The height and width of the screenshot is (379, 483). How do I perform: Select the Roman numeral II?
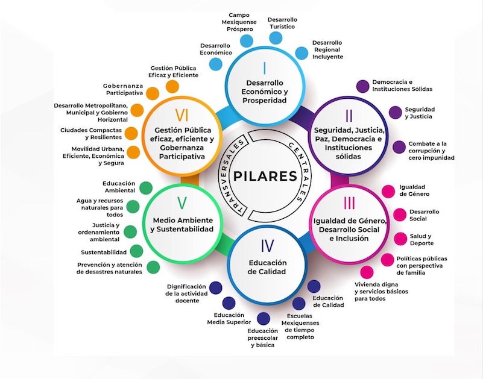(x=349, y=115)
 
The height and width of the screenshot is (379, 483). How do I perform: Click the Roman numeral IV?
(x=267, y=245)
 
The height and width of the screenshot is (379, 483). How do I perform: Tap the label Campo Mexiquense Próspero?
(x=239, y=22)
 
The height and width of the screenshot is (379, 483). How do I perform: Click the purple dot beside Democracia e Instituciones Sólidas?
(x=362, y=86)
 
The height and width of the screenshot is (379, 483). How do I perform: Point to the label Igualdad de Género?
(x=415, y=190)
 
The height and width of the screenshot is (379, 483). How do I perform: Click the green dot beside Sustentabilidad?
(x=137, y=252)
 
